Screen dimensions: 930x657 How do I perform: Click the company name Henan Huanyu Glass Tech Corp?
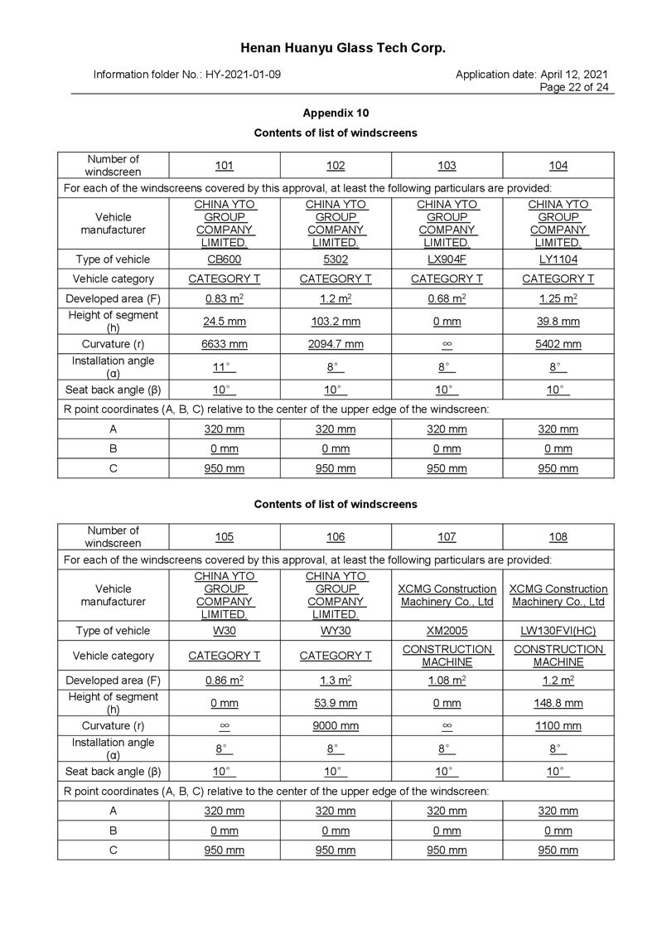tap(343, 48)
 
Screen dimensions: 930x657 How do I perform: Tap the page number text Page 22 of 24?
tap(573, 87)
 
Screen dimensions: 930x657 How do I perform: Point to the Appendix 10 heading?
tap(336, 114)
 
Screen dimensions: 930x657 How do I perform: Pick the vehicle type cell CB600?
tap(225, 259)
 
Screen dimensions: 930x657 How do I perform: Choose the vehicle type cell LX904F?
tap(447, 259)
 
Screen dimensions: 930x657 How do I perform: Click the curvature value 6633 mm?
tap(225, 344)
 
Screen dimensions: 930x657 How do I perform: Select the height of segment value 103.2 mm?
tap(336, 322)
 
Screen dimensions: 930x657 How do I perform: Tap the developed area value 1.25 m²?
tap(558, 298)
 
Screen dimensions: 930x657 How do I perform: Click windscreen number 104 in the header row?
tap(558, 166)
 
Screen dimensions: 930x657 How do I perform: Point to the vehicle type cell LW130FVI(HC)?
tap(558, 631)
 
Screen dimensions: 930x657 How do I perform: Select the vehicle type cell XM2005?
tap(447, 631)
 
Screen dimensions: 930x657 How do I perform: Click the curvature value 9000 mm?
tap(336, 726)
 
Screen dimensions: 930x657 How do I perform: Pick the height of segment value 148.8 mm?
tap(558, 704)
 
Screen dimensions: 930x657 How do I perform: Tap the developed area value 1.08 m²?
tap(447, 681)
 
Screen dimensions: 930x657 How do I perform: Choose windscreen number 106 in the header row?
tap(336, 537)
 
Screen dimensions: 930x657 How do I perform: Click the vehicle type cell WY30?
tap(336, 631)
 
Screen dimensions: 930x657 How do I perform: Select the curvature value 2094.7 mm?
tap(336, 344)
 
